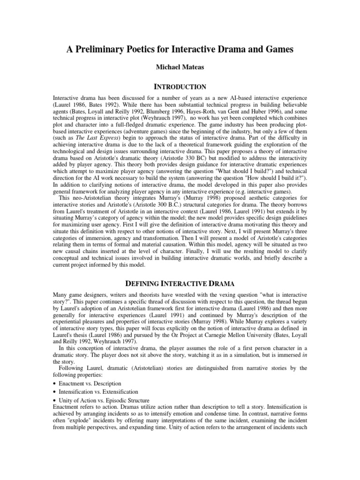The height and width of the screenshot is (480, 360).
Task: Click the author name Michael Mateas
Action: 180,68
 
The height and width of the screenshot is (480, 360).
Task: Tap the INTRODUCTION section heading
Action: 180,87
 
